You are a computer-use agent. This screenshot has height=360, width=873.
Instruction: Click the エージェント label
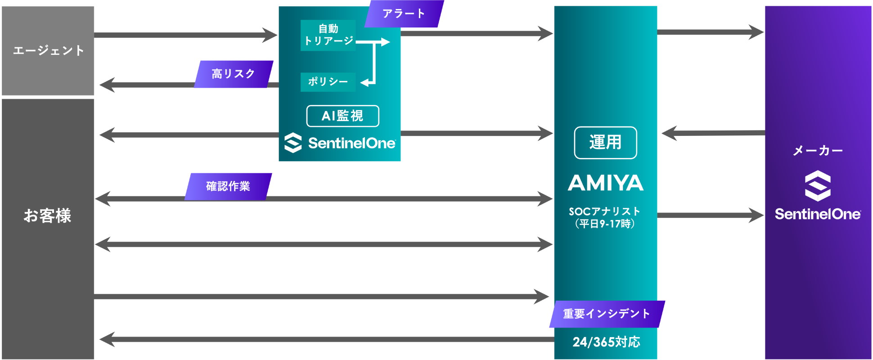[48, 50]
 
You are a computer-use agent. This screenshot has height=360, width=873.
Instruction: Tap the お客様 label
[47, 216]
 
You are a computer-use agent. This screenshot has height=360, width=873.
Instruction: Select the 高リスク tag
[233, 73]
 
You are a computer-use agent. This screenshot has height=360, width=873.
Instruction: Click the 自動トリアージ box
[328, 35]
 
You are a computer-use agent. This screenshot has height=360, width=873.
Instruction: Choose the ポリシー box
[328, 82]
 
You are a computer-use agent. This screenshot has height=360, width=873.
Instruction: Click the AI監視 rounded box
[342, 116]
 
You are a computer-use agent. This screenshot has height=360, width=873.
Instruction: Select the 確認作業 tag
[228, 186]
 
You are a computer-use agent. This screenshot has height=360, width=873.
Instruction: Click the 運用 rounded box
[605, 143]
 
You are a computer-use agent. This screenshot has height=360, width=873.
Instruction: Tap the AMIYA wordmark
[605, 183]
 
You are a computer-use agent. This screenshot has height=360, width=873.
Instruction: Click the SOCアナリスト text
[604, 211]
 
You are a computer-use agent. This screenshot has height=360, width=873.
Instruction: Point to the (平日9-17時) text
[604, 224]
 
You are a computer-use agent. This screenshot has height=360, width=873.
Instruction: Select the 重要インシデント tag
[606, 314]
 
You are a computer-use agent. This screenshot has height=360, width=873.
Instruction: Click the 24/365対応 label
[606, 342]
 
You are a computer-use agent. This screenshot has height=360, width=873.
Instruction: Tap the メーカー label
[817, 151]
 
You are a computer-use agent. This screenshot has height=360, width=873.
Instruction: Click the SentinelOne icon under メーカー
[817, 185]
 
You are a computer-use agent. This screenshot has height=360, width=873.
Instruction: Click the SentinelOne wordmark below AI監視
[351, 144]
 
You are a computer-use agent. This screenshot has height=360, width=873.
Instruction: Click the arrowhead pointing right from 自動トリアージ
[385, 42]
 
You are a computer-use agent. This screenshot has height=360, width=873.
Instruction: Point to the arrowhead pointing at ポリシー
[365, 82]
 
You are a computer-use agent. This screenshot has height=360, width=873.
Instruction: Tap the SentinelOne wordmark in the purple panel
[817, 215]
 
